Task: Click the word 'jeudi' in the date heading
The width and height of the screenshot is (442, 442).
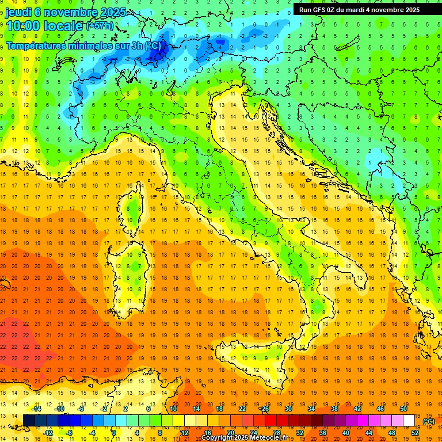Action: [20, 12]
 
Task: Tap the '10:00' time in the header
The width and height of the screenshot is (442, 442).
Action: [24, 25]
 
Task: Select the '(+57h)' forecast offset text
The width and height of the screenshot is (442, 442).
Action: [100, 26]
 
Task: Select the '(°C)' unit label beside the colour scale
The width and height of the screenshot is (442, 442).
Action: [429, 421]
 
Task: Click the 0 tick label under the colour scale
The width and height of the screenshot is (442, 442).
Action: [114, 433]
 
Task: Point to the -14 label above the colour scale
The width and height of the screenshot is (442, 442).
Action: [37, 409]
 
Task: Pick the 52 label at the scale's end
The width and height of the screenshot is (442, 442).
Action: [415, 433]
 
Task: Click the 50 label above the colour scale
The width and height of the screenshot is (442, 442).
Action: [403, 409]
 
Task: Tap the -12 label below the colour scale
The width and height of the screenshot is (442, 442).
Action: [48, 433]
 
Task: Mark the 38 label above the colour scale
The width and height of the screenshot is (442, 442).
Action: [334, 409]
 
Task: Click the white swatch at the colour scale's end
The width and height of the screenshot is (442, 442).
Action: [409, 421]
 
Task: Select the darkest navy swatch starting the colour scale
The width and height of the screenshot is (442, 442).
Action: [29, 421]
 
